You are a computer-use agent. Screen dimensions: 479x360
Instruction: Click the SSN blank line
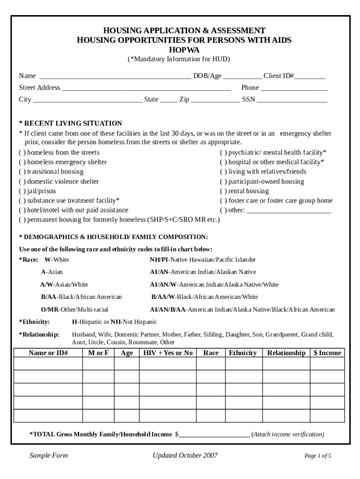(292, 100)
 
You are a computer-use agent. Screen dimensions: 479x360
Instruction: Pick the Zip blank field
(215, 100)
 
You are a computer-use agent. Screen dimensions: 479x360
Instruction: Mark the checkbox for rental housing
(223, 191)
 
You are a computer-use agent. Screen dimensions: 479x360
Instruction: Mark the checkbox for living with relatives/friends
(223, 172)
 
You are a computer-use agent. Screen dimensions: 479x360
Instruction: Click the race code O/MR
(50, 310)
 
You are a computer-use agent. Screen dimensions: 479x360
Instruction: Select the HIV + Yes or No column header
(168, 353)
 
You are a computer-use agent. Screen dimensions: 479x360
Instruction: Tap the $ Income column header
(327, 353)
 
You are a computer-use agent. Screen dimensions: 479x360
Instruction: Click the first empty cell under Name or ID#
(48, 364)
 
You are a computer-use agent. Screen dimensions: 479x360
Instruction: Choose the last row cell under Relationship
(286, 416)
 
